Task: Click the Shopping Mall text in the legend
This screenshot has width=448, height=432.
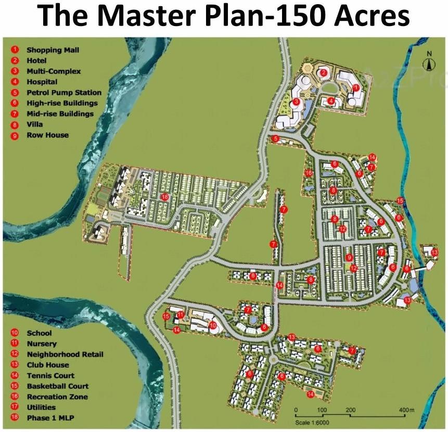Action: (49, 50)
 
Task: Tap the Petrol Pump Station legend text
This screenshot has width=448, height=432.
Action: (63, 93)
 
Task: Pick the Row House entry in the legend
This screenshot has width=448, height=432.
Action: (47, 135)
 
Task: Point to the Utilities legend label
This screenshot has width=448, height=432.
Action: (41, 407)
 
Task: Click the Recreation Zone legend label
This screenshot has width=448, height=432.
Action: (57, 397)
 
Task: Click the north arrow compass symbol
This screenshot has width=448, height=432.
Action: (429, 62)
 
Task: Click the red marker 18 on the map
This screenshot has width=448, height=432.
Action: (165, 197)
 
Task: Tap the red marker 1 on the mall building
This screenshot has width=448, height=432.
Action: (356, 87)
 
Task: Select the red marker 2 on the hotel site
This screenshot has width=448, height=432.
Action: (323, 72)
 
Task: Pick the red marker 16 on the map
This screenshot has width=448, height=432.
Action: (309, 173)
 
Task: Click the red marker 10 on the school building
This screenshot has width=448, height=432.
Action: (213, 325)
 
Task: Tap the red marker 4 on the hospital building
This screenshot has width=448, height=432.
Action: (330, 100)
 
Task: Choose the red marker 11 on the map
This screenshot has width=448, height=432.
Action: (180, 315)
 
